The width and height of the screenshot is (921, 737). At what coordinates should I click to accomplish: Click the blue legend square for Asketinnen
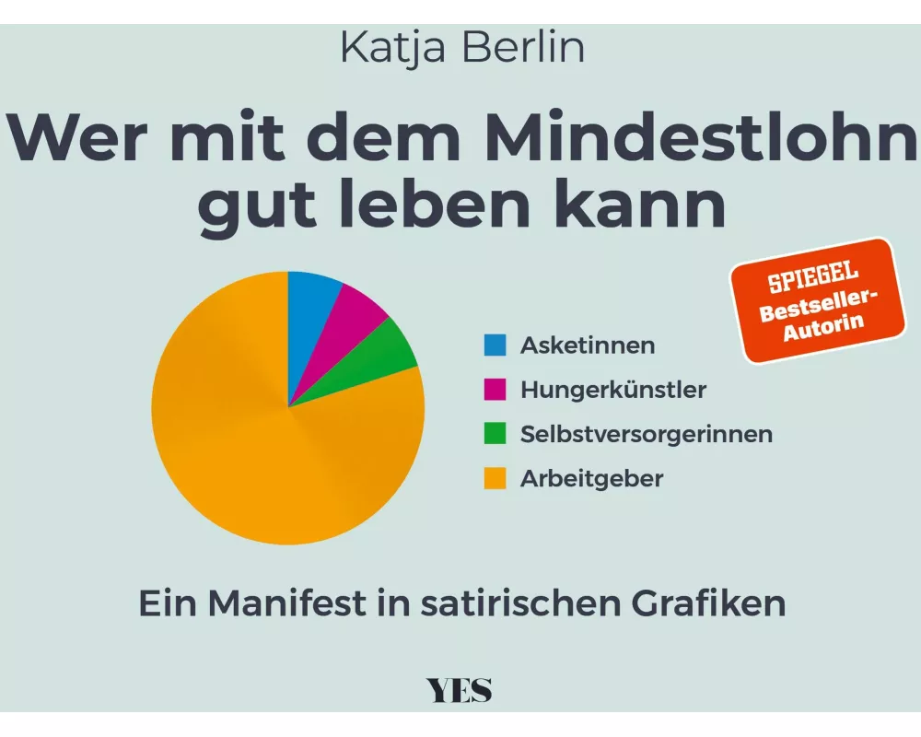click(495, 345)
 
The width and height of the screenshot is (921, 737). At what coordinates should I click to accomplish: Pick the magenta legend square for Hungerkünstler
click(495, 390)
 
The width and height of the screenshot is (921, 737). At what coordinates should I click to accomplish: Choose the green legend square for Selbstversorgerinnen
click(495, 434)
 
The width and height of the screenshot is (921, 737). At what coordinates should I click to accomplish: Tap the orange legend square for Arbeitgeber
click(495, 479)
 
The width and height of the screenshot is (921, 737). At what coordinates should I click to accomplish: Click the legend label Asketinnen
click(588, 345)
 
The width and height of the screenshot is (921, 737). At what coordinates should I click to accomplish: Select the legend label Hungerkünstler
click(613, 390)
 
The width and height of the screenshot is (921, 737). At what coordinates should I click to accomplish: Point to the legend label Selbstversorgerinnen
click(647, 434)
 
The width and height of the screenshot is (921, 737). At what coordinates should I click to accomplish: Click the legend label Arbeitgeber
click(591, 479)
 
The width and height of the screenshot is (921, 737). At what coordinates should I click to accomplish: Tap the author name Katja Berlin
click(461, 48)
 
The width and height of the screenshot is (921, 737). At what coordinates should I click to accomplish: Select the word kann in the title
click(644, 208)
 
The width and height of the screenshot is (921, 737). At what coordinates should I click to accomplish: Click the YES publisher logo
click(460, 690)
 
